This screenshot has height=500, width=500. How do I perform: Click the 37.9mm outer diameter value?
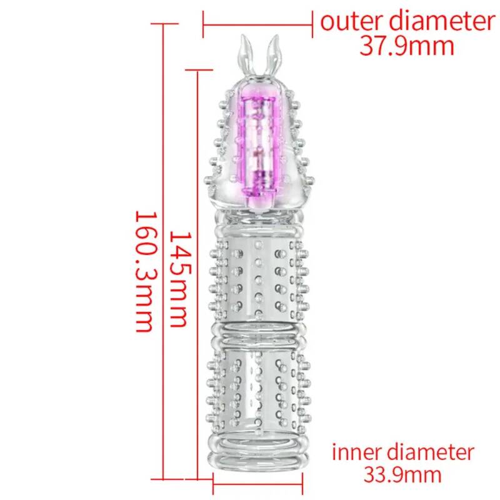point(407,46)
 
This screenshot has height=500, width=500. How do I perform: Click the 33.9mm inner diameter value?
point(402,475)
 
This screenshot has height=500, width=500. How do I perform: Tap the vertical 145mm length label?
point(181,279)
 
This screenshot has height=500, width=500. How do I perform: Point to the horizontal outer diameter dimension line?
point(257,24)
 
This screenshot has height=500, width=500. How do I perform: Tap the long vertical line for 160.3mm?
point(163,251)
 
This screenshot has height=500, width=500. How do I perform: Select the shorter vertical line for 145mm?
point(197,274)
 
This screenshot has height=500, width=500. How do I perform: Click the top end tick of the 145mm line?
point(199,70)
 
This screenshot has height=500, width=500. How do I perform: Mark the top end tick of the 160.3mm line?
point(164,24)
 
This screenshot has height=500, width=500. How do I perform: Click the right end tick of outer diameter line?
point(312,24)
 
